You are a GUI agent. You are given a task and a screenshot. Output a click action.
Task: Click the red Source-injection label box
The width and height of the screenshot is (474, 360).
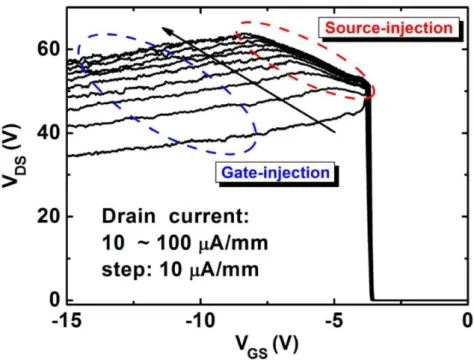[x=389, y=28]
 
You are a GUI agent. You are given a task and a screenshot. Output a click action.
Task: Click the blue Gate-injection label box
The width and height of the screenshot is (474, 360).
[x=275, y=172]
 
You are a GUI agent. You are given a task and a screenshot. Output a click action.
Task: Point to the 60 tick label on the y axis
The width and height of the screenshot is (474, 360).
[x=48, y=49]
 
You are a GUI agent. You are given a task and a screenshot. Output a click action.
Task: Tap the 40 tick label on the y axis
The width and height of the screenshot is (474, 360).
[x=48, y=133]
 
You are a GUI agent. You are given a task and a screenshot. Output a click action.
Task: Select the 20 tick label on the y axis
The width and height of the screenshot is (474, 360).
[x=48, y=216]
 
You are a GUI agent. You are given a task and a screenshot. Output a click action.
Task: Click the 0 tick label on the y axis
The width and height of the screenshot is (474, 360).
[x=55, y=300]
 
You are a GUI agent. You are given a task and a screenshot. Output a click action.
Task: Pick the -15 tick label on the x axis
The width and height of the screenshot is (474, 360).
[x=67, y=321]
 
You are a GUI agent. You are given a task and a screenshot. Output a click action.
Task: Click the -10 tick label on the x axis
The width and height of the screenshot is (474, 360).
[x=200, y=321]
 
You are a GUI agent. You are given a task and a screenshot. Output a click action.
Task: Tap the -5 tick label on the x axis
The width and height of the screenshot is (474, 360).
[x=335, y=321]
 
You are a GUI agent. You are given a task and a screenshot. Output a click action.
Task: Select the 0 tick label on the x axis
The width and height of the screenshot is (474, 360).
[x=467, y=321]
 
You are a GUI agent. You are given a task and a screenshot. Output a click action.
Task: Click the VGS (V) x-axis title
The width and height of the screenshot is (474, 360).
[x=267, y=346]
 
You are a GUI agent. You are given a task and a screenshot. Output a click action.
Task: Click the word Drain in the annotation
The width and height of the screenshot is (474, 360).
[x=129, y=216]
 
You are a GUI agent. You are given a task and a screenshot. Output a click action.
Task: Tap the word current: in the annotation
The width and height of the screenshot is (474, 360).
[x=209, y=217]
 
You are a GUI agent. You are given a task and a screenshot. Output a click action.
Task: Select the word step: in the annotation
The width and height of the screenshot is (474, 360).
[x=127, y=270]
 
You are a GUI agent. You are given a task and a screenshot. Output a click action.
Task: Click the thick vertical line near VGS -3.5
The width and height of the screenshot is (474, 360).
[x=369, y=193]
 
